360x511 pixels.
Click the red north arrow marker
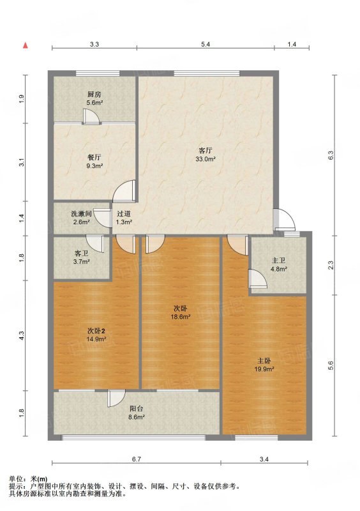tap(25, 45)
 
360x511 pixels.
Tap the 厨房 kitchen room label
tap(94, 95)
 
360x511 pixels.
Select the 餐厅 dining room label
tap(94, 157)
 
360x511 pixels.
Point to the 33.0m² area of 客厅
tap(206, 159)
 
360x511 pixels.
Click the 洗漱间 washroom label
tap(81, 214)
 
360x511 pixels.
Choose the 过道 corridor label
tap(124, 214)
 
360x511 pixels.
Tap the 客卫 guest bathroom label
tap(82, 253)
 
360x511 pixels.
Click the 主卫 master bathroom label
tap(278, 261)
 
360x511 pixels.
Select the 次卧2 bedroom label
tap(96, 331)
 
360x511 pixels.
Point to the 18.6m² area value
tap(181, 316)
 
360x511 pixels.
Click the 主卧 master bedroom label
tap(264, 361)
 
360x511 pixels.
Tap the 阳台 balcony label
tap(137, 408)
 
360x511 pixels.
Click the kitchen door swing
tap(91, 117)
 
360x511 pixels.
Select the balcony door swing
tap(116, 398)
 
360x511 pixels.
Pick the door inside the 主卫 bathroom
tap(258, 278)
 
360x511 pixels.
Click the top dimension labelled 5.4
tap(206, 44)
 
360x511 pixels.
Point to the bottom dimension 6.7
tap(137, 459)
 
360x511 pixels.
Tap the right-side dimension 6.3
tap(331, 155)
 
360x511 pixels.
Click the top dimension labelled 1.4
tap(292, 44)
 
